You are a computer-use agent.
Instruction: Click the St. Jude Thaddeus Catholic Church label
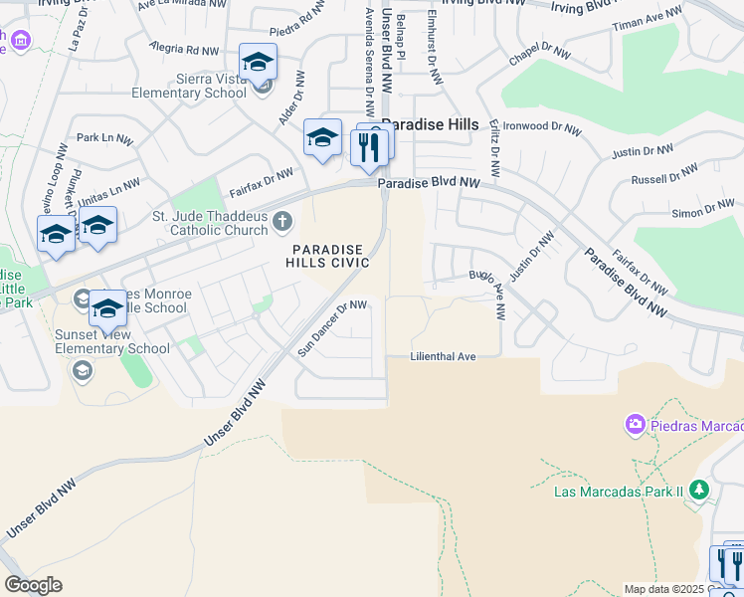point(209,223)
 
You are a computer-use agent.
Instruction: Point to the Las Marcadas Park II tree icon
point(699,490)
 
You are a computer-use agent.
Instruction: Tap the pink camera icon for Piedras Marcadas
point(635,425)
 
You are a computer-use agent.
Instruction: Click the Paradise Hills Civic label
point(327,256)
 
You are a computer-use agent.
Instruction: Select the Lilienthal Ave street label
point(444,356)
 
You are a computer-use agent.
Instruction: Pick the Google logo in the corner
point(33,584)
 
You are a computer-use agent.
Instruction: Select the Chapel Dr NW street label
point(538,58)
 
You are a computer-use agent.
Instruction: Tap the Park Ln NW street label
point(104,138)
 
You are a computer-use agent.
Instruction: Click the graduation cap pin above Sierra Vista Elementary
point(258,63)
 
